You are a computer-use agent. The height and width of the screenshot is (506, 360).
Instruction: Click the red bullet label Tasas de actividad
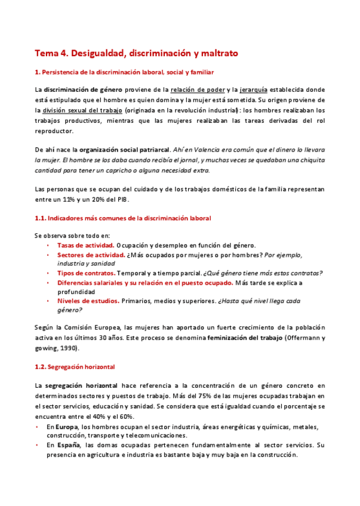85,245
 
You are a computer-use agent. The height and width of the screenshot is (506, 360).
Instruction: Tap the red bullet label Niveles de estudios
88,301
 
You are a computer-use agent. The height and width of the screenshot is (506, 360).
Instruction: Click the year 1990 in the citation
65,348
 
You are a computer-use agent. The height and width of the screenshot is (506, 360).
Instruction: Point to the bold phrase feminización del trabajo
245,338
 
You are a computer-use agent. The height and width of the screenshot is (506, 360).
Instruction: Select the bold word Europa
67,427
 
